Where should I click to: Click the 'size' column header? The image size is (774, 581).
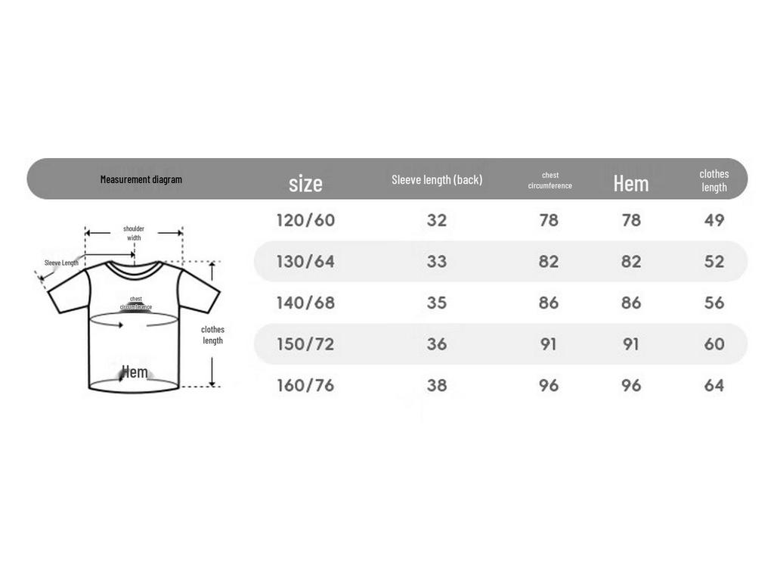305,183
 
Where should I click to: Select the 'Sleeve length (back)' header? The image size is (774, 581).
437,179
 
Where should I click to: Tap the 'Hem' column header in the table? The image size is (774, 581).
631,183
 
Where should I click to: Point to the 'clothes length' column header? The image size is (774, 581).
714,180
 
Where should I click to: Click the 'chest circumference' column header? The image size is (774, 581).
550,180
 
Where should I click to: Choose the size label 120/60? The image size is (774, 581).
305,220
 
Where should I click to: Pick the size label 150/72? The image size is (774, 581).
305,344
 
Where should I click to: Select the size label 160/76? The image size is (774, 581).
305,385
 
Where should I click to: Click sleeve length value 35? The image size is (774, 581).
437,303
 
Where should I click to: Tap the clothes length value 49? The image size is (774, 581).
714,220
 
